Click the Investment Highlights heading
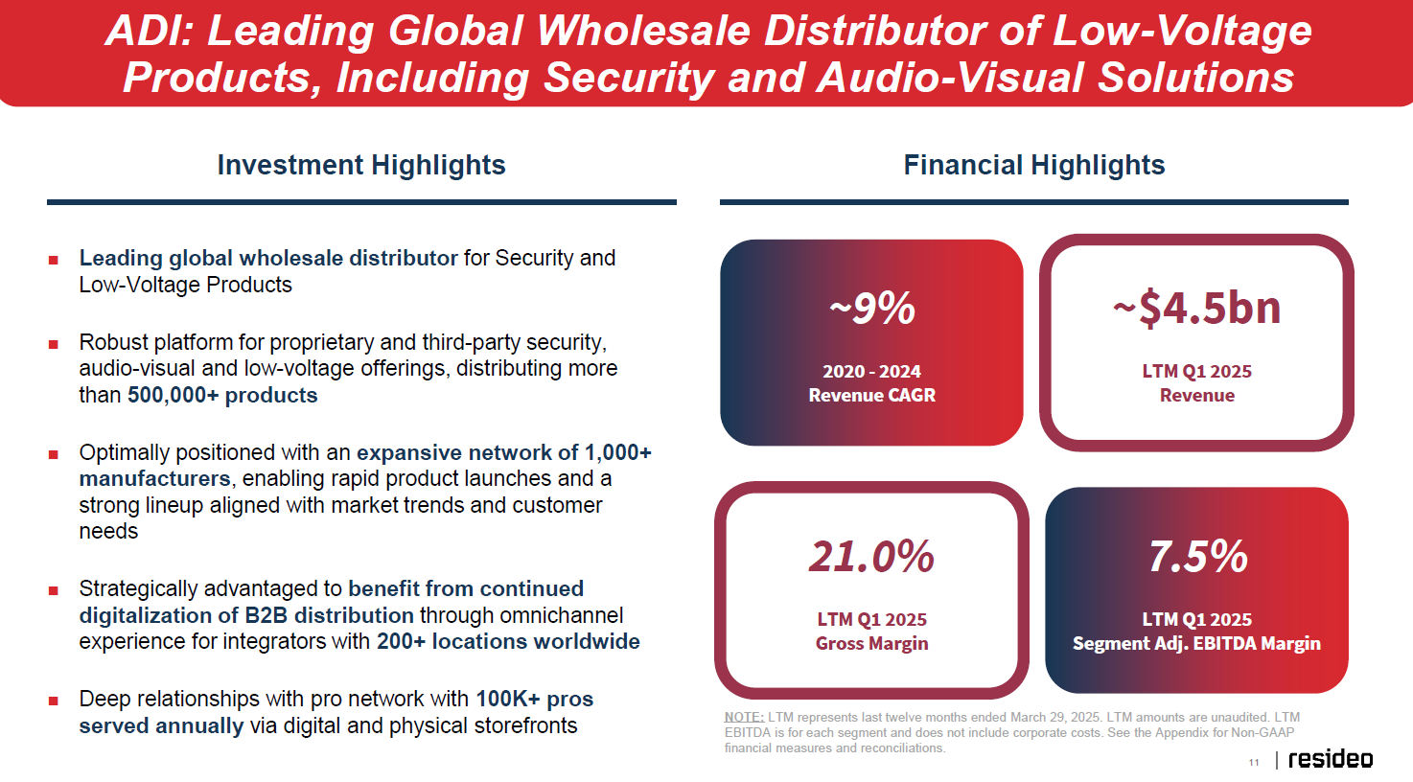pos(360,165)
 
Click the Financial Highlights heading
pos(1034,165)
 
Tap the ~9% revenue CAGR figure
pos(871,308)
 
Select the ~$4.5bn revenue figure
pos(1196,308)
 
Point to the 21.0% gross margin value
pos(871,556)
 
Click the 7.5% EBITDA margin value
pos(1197,556)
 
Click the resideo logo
pos(1331,759)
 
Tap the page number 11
pos(1254,763)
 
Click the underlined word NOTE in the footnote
pos(744,717)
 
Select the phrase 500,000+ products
pos(222,396)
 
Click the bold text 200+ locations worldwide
pos(508,641)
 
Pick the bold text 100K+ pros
pos(534,699)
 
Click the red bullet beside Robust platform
pos(53,344)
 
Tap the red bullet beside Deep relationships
pos(53,701)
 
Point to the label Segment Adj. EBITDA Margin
pos(1196,643)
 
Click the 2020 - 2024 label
pos(871,372)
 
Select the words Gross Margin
pos(871,643)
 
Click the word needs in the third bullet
pos(108,532)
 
